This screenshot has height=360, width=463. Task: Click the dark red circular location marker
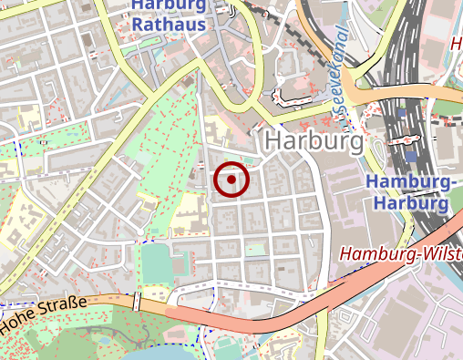231,180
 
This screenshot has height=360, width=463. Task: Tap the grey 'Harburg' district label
314,142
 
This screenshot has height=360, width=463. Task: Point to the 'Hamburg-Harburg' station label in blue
410,192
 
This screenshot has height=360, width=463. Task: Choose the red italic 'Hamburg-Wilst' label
401,255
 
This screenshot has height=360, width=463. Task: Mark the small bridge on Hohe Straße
137,302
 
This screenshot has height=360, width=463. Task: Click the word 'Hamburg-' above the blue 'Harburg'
410,182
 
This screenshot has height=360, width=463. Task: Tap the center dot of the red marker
231,180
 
